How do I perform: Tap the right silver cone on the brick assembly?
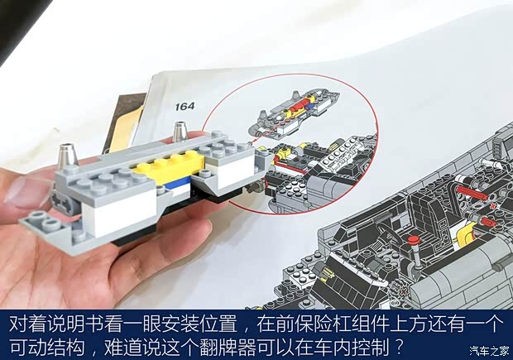[180, 132]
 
